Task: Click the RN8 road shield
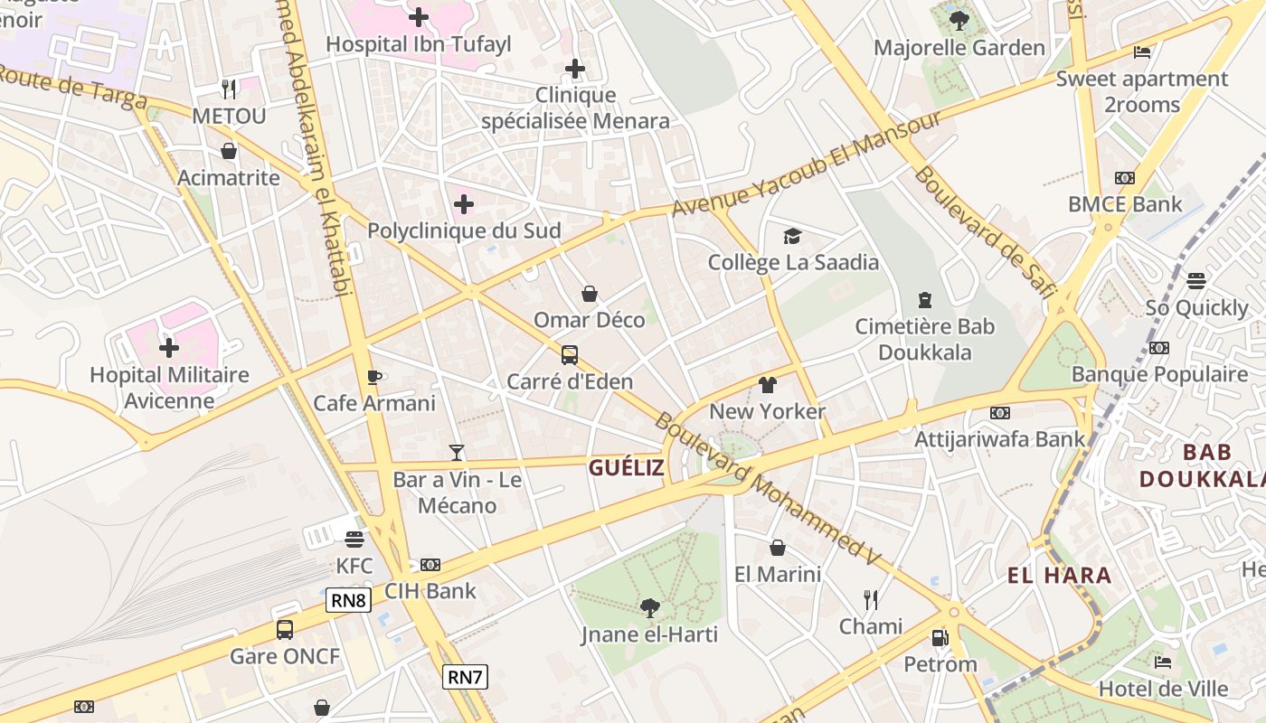349,600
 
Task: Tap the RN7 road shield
465,676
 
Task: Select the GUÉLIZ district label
627,467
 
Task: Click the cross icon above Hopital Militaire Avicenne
169,347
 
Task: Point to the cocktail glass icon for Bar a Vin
457,452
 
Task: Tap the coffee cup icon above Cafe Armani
374,377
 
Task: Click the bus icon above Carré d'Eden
570,355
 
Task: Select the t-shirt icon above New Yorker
768,385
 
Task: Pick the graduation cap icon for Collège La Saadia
793,236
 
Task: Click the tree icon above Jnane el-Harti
649,607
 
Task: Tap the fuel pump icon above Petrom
940,638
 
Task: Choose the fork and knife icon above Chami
871,599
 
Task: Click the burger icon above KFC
354,540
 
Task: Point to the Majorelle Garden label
959,48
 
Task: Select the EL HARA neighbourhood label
1060,575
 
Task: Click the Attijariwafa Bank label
1000,439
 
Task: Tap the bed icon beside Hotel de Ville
1163,662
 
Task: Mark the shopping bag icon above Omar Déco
590,294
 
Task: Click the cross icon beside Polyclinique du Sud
464,204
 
